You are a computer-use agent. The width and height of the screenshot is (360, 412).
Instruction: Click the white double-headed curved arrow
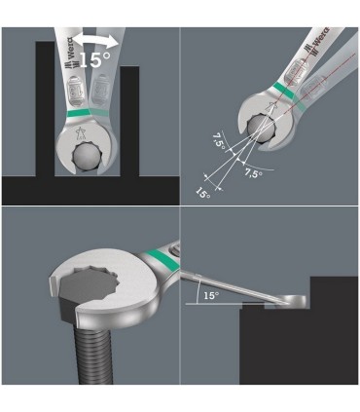point(94,38)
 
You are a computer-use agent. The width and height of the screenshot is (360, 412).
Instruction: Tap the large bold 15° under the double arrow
point(94,59)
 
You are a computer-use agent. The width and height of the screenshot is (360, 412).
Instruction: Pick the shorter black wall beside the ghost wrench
point(129,121)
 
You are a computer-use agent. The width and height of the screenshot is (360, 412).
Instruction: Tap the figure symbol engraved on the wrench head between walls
point(79,133)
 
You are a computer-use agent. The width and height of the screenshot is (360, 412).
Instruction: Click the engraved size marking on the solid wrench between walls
point(73,89)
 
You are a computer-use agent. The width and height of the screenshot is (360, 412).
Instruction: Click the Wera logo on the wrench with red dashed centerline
point(315,40)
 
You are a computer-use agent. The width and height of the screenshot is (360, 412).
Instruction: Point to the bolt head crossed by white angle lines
point(259,130)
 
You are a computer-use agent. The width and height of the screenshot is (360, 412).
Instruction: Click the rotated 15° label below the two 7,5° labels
point(202,193)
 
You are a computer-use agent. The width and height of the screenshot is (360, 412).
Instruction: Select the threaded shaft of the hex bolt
point(93,354)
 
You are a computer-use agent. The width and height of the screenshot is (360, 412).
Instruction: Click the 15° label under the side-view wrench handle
point(211,295)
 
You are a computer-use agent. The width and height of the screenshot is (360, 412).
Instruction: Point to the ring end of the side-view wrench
point(293,300)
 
